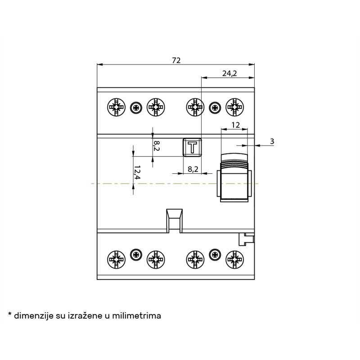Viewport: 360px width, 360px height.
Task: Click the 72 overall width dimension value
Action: (176, 60)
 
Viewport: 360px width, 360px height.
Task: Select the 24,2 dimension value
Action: (229, 73)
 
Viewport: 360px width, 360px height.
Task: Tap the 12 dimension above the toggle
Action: (235, 125)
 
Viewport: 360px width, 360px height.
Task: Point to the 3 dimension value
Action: (272, 141)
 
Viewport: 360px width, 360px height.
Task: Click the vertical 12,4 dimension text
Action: (137, 172)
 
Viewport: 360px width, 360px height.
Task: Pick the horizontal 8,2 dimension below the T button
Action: (193, 169)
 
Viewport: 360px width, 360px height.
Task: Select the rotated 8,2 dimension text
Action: (157, 146)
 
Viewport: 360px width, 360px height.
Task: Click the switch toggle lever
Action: (234, 178)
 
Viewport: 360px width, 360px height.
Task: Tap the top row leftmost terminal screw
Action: (117, 107)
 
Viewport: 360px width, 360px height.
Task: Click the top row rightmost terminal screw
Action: (234, 107)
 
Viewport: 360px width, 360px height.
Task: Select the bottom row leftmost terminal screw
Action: (117, 260)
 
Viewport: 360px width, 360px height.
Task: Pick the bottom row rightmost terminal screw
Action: (234, 260)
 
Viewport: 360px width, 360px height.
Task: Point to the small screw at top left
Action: (136, 108)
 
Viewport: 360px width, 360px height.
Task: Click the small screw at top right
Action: (215, 108)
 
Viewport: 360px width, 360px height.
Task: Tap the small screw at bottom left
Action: (136, 254)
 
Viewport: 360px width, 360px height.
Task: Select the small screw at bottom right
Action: (215, 254)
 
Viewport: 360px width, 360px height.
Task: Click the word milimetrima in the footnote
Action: (136, 315)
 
